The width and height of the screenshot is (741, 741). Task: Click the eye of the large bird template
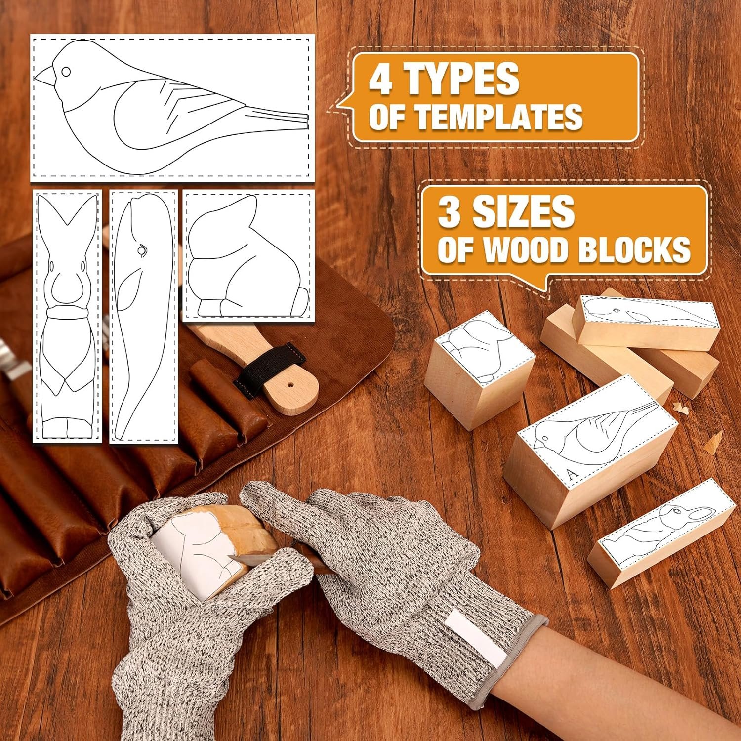coord(66,72)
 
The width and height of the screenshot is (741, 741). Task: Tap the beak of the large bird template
coord(45,76)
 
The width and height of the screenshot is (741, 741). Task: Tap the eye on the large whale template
coord(143,250)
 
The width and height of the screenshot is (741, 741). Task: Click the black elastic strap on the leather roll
coord(263,369)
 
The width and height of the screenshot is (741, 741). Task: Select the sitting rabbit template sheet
coord(249,256)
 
